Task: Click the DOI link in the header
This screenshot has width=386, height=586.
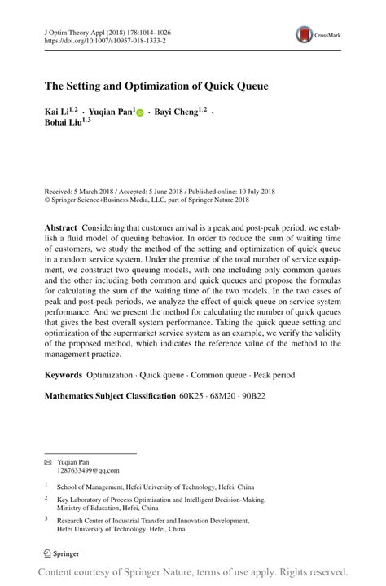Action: [104, 40]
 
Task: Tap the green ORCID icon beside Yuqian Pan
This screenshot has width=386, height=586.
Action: [139, 112]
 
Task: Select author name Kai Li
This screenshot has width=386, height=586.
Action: [58, 112]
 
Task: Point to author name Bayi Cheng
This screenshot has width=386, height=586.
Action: [174, 112]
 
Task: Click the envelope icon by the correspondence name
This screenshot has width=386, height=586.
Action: [48, 461]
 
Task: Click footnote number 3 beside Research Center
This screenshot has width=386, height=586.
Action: [46, 518]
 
